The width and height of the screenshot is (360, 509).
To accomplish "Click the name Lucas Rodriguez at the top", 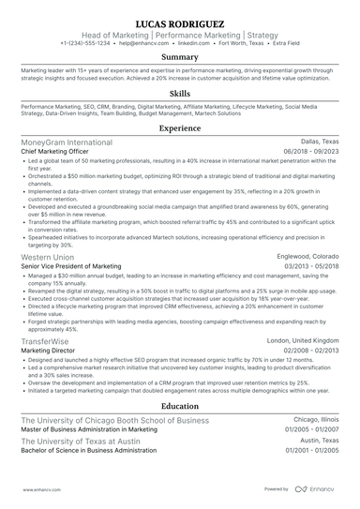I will pos(180,21).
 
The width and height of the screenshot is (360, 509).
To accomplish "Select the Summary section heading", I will pos(180,58).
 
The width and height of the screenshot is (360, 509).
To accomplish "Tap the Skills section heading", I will pos(180,94).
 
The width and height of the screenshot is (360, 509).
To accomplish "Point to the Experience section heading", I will pos(180,127).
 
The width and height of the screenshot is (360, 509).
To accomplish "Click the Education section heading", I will pos(180,407).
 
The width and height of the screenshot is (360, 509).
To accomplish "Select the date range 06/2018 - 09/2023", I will pos(307,151).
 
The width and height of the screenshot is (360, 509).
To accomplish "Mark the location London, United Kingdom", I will pos(303,341).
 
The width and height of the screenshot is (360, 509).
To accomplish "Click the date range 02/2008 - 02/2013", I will pos(307,351).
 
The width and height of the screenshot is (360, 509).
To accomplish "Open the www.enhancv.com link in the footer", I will pos(36,489).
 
